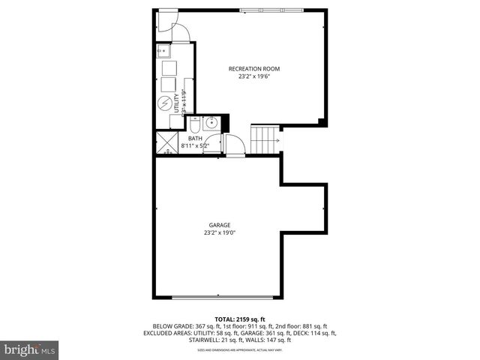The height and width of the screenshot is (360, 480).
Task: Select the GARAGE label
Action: click(219, 225)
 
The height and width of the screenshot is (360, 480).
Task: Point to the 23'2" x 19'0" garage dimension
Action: click(219, 232)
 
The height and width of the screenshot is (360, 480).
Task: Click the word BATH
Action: click(195, 139)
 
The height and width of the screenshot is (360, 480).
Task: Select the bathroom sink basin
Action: click(211, 124)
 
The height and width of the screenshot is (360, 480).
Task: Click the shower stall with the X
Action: click(165, 142)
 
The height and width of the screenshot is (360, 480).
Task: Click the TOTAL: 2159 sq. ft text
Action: click(239, 318)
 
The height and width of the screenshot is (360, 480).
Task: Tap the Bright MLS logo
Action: click(30, 349)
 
